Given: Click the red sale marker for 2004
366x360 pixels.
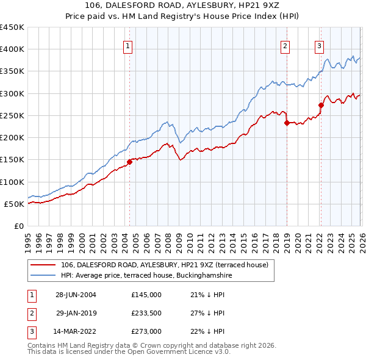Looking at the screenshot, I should pos(129,162).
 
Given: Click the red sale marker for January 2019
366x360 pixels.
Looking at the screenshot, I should pos(287,123).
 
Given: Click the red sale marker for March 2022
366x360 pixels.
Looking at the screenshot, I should pos(321,105).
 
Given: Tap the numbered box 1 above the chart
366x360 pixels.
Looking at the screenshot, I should pos(128,45).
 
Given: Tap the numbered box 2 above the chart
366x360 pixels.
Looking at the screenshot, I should pos(285,45).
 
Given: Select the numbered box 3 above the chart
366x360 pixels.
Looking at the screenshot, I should pos(319,45).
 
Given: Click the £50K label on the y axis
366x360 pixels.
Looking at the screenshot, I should pos(14,204).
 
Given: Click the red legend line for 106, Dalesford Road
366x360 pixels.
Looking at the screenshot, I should pos(43,265).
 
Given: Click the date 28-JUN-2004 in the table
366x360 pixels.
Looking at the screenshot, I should pos(76,295).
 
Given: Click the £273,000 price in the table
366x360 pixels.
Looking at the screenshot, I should pos(146,331).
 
